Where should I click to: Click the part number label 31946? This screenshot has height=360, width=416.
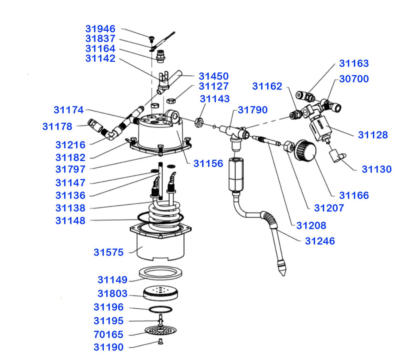point(100,29)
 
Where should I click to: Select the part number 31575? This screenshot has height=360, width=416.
point(108,252)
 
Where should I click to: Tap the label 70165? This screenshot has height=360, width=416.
point(108,334)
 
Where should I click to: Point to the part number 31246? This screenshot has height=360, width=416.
point(320,241)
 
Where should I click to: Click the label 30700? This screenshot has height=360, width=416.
point(354,79)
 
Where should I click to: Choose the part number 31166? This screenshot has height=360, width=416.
point(354,195)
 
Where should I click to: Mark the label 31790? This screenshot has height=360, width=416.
point(253,110)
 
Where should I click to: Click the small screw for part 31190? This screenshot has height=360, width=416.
point(160,342)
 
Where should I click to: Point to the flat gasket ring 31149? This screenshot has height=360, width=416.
point(160,273)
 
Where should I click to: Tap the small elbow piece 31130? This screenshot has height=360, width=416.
point(336,156)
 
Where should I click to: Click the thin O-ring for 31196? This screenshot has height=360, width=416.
point(160,309)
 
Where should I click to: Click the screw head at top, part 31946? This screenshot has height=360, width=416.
point(152,38)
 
